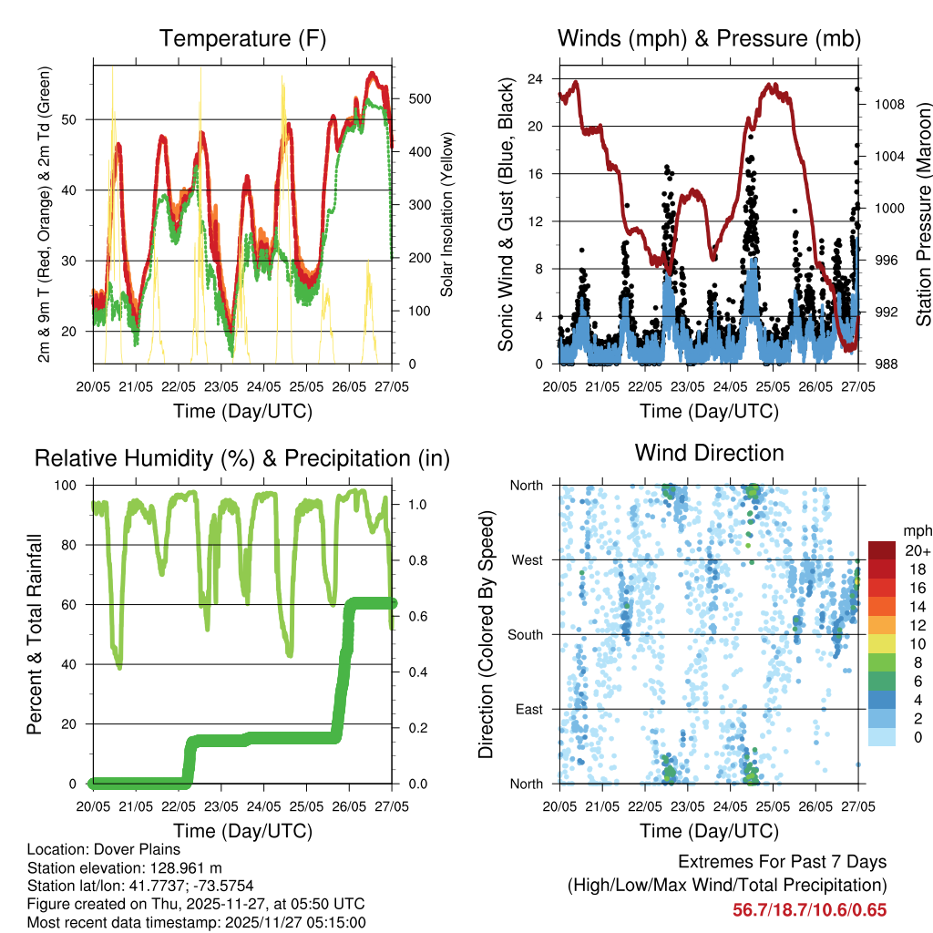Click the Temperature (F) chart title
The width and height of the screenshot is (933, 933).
point(242,38)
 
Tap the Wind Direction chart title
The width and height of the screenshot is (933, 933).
point(709,453)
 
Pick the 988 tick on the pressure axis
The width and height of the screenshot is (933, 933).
point(880,364)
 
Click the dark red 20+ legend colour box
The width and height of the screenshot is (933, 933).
point(881,550)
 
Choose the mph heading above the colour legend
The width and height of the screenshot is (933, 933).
point(916,531)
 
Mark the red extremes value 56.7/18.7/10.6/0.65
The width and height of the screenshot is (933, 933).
point(810,909)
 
